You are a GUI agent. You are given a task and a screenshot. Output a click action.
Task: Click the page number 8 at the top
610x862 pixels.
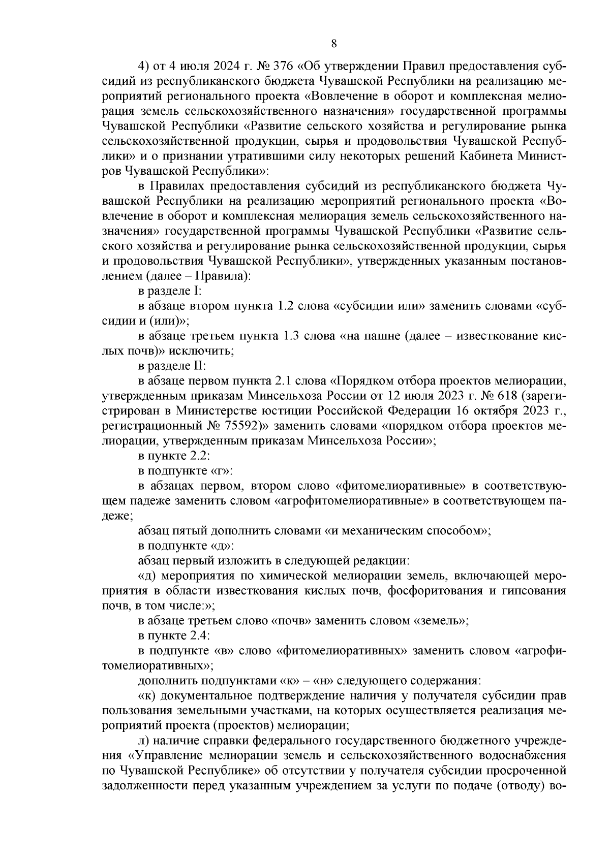[334, 44]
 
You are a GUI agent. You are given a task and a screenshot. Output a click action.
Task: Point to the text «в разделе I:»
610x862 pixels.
[170, 292]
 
